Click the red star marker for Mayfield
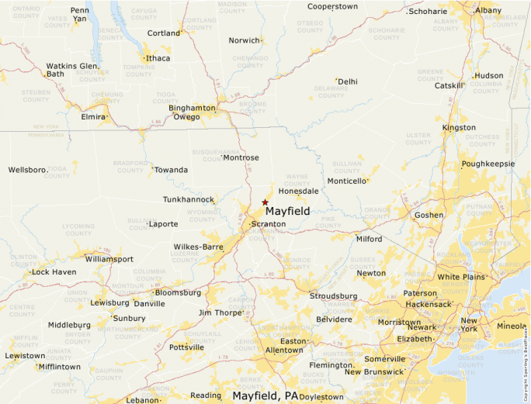click(x=265, y=202)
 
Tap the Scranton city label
click(x=269, y=224)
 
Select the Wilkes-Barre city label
click(x=198, y=247)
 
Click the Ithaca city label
click(x=158, y=58)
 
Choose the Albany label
click(x=488, y=10)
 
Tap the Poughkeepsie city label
click(x=488, y=164)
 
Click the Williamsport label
click(x=109, y=259)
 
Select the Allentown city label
click(x=284, y=350)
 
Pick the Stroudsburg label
click(x=333, y=296)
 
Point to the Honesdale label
click(x=299, y=190)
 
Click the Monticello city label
click(x=346, y=181)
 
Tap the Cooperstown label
click(x=332, y=6)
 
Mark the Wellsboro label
click(x=28, y=170)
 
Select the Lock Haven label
click(x=54, y=272)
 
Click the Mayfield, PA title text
click(x=265, y=395)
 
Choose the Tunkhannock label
click(x=188, y=199)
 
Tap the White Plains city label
click(x=460, y=277)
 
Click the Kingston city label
click(x=459, y=127)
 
